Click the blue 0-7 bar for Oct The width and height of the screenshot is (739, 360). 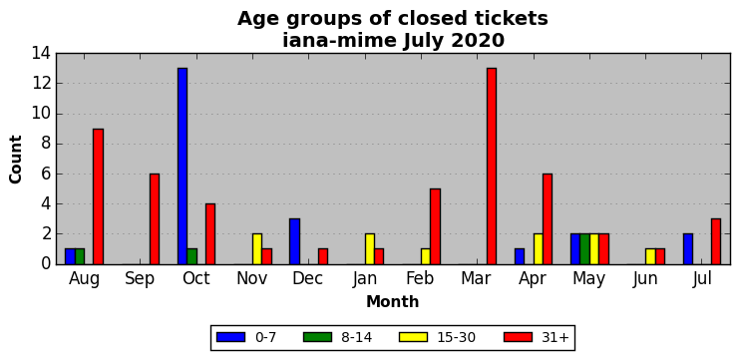pos(183,166)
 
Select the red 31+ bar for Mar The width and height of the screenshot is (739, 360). pos(492,166)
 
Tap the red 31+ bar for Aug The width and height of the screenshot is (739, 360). pos(98,196)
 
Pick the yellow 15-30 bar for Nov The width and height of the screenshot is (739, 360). pos(257,248)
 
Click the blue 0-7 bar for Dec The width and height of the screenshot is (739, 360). pos(294,241)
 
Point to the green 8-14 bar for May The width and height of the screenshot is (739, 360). pos(584,248)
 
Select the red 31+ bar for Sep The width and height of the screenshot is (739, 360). pos(155,218)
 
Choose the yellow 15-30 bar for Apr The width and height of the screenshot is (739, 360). pos(539,248)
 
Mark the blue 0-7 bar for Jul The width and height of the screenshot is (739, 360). pos(688,248)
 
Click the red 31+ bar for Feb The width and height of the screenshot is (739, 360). pos(436,226)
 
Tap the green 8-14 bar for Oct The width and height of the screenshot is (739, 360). pos(191,256)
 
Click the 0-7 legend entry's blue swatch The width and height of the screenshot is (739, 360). pos(231,337)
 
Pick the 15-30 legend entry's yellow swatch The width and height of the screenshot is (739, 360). pos(413,337)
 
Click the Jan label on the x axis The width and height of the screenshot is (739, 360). pos(365,279)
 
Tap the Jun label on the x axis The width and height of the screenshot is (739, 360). pos(645,279)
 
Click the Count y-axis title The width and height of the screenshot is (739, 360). pos(16,160)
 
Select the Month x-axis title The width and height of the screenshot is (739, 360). pos(393,301)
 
